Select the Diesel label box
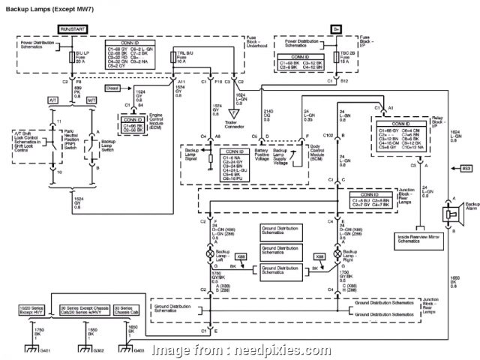[x=112, y=88]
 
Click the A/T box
[x=53, y=99]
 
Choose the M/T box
[x=92, y=99]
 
